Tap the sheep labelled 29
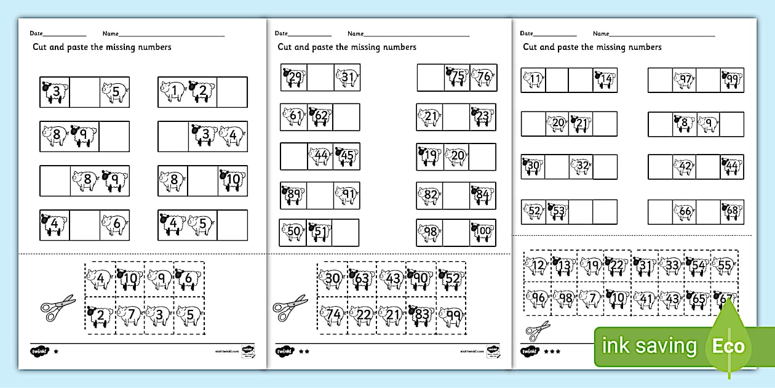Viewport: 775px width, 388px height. (294, 78)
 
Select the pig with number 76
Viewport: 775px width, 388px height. (483, 77)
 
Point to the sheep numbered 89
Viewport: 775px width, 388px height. (293, 195)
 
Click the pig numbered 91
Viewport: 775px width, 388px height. (347, 195)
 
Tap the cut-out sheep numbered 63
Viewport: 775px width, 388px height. (362, 278)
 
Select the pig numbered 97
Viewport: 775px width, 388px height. (683, 80)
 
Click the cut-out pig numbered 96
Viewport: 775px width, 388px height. (538, 298)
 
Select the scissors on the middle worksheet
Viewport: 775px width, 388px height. (290, 307)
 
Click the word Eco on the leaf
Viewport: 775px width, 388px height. (728, 346)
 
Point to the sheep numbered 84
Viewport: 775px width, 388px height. (483, 195)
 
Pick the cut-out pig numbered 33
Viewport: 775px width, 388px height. (672, 266)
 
